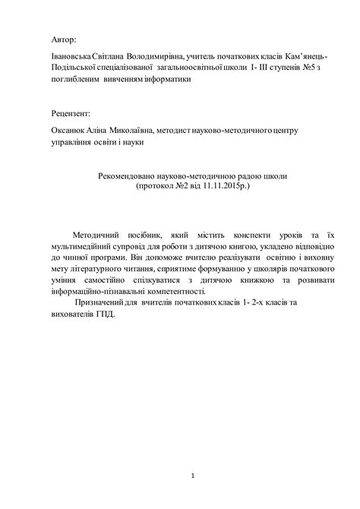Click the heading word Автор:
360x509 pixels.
pyautogui.click(x=64, y=38)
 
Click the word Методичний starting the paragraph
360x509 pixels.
pyautogui.click(x=99, y=239)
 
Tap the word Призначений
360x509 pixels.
pyautogui.click(x=101, y=302)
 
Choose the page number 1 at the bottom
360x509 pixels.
pyautogui.click(x=194, y=476)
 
